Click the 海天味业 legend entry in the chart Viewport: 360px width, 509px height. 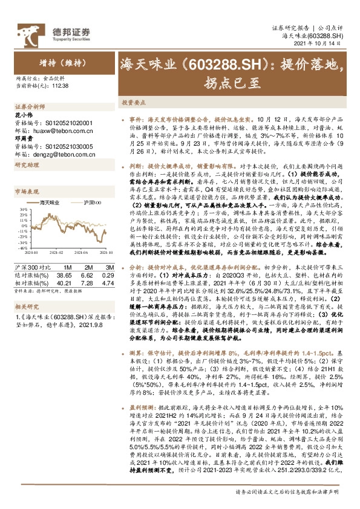pyautogui.click(x=51, y=203)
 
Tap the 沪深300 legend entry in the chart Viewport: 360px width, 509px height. pyautogui.click(x=91, y=203)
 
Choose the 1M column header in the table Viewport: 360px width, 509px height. pyautogui.click(x=67, y=267)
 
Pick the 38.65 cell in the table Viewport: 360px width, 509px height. pyautogui.click(x=64, y=274)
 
